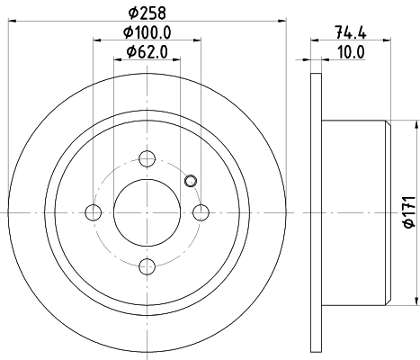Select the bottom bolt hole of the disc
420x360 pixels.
[x=147, y=265]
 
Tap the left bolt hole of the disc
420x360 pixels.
[x=93, y=212]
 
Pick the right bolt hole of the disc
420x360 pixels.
[x=201, y=212]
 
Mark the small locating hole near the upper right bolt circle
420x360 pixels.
[x=189, y=181]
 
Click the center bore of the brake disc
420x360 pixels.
[x=147, y=212]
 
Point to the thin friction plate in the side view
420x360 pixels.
[x=315, y=212]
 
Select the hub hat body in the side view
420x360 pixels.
[x=355, y=212]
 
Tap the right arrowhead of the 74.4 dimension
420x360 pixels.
[x=389, y=40]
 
